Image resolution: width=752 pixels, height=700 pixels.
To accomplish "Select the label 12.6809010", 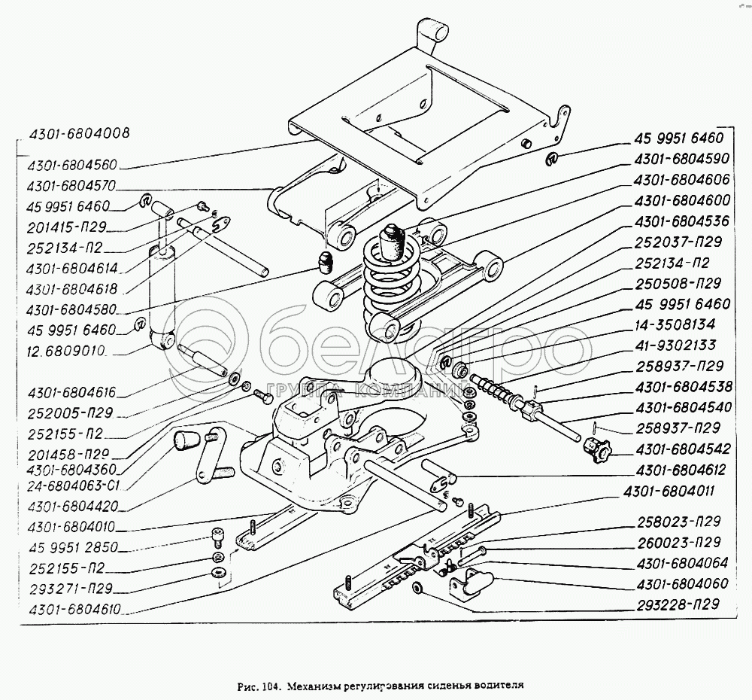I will tap(67, 351).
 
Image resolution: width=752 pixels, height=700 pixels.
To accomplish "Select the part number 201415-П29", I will tap(67, 227).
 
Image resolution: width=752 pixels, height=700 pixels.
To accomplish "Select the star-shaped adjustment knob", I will tap(597, 450).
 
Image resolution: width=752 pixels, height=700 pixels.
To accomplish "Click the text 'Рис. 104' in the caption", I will tap(258, 686).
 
